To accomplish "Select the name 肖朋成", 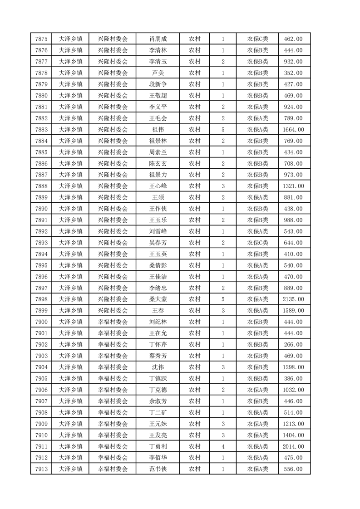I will pos(158,39).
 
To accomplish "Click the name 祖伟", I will pos(158,130).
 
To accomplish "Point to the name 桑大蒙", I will pos(158,299).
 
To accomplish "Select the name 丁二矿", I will pos(158,412).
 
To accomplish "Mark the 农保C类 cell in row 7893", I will pos(257,243).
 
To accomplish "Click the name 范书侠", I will pos(158,469).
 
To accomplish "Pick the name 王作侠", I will pos(158,209).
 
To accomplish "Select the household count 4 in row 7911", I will pos(223,446).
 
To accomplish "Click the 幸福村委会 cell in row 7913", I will pos(113,469).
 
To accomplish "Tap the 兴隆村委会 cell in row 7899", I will pos(113,311).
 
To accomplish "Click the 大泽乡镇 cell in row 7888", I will pos(70,186).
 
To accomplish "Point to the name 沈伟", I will pos(158,367).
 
